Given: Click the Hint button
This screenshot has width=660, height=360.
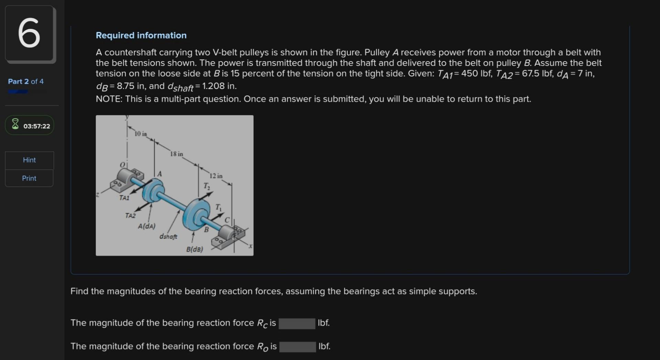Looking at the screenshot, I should click(29, 160).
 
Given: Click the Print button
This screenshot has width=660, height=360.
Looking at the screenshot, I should click(29, 178).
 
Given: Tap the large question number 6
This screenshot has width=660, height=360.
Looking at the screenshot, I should click(29, 34).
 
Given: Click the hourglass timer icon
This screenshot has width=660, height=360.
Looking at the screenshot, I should click(15, 124).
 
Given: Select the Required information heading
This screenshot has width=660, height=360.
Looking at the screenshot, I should click(141, 35).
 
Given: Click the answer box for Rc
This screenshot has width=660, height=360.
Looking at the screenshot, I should click(297, 323).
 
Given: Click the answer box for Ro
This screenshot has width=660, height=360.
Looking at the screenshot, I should click(297, 347).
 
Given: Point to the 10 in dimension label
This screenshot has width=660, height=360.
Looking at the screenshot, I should click(141, 134).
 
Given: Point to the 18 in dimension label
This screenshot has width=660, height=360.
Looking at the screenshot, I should click(176, 154).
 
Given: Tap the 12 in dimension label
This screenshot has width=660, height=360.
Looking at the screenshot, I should click(216, 176).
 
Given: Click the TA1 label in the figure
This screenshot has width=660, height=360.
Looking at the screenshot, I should click(124, 198).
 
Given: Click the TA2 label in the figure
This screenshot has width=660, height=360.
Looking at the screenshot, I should click(130, 216).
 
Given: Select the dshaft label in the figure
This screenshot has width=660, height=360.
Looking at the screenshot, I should click(168, 237).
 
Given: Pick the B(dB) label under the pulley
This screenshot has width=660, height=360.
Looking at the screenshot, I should click(195, 249).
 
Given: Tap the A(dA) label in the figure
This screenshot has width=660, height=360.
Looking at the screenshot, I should click(146, 226).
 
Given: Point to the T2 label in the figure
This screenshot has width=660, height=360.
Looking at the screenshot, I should click(207, 186).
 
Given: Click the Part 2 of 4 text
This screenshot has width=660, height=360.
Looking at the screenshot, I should click(26, 81).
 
